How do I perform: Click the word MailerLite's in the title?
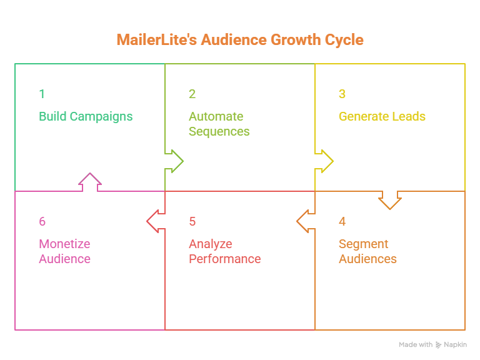tap(157, 40)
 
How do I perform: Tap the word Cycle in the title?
tap(344, 40)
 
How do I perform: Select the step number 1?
tap(42, 94)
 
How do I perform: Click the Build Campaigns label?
tap(86, 117)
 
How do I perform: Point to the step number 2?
tap(192, 94)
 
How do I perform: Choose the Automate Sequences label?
tap(219, 124)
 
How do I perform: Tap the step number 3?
tap(342, 94)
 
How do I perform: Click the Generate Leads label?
tap(382, 116)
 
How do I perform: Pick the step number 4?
tap(342, 221)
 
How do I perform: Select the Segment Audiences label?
tap(367, 251)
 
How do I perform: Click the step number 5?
tap(192, 221)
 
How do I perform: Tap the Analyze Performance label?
tap(225, 251)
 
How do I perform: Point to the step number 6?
tap(42, 221)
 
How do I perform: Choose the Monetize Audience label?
tap(64, 251)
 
